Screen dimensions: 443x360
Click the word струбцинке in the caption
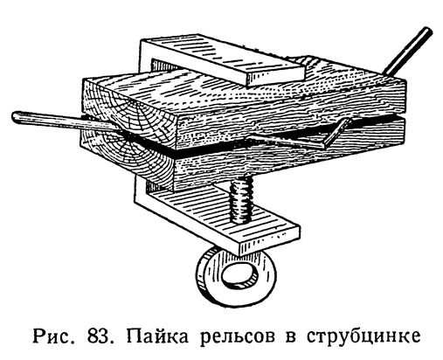(x=363, y=337)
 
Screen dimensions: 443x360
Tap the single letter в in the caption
(x=290, y=339)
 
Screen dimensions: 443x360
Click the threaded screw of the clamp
(x=241, y=200)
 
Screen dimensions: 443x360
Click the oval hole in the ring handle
(x=239, y=274)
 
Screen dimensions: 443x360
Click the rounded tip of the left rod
(x=15, y=116)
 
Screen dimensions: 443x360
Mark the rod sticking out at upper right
(x=407, y=51)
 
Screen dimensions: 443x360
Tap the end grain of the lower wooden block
(x=128, y=163)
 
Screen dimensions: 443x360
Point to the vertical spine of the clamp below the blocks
(x=141, y=190)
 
